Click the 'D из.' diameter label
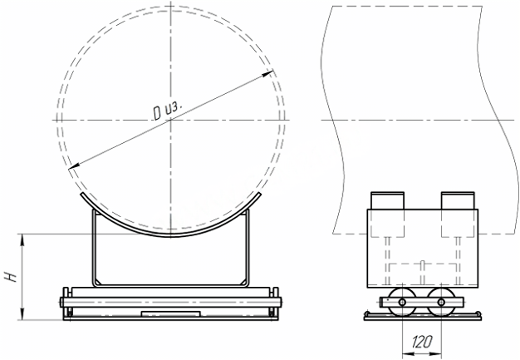pyautogui.click(x=168, y=110)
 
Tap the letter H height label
pyautogui.click(x=12, y=276)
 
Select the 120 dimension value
pyautogui.click(x=422, y=342)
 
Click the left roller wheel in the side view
pyautogui.click(x=402, y=302)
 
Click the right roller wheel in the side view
pyautogui.click(x=441, y=302)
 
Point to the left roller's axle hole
pyautogui.click(x=402, y=303)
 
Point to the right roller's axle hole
pyautogui.click(x=441, y=303)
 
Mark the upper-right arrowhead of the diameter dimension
pyautogui.click(x=268, y=73)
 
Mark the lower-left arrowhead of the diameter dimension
pyautogui.click(x=74, y=166)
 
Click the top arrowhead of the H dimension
pyautogui.click(x=22, y=239)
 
